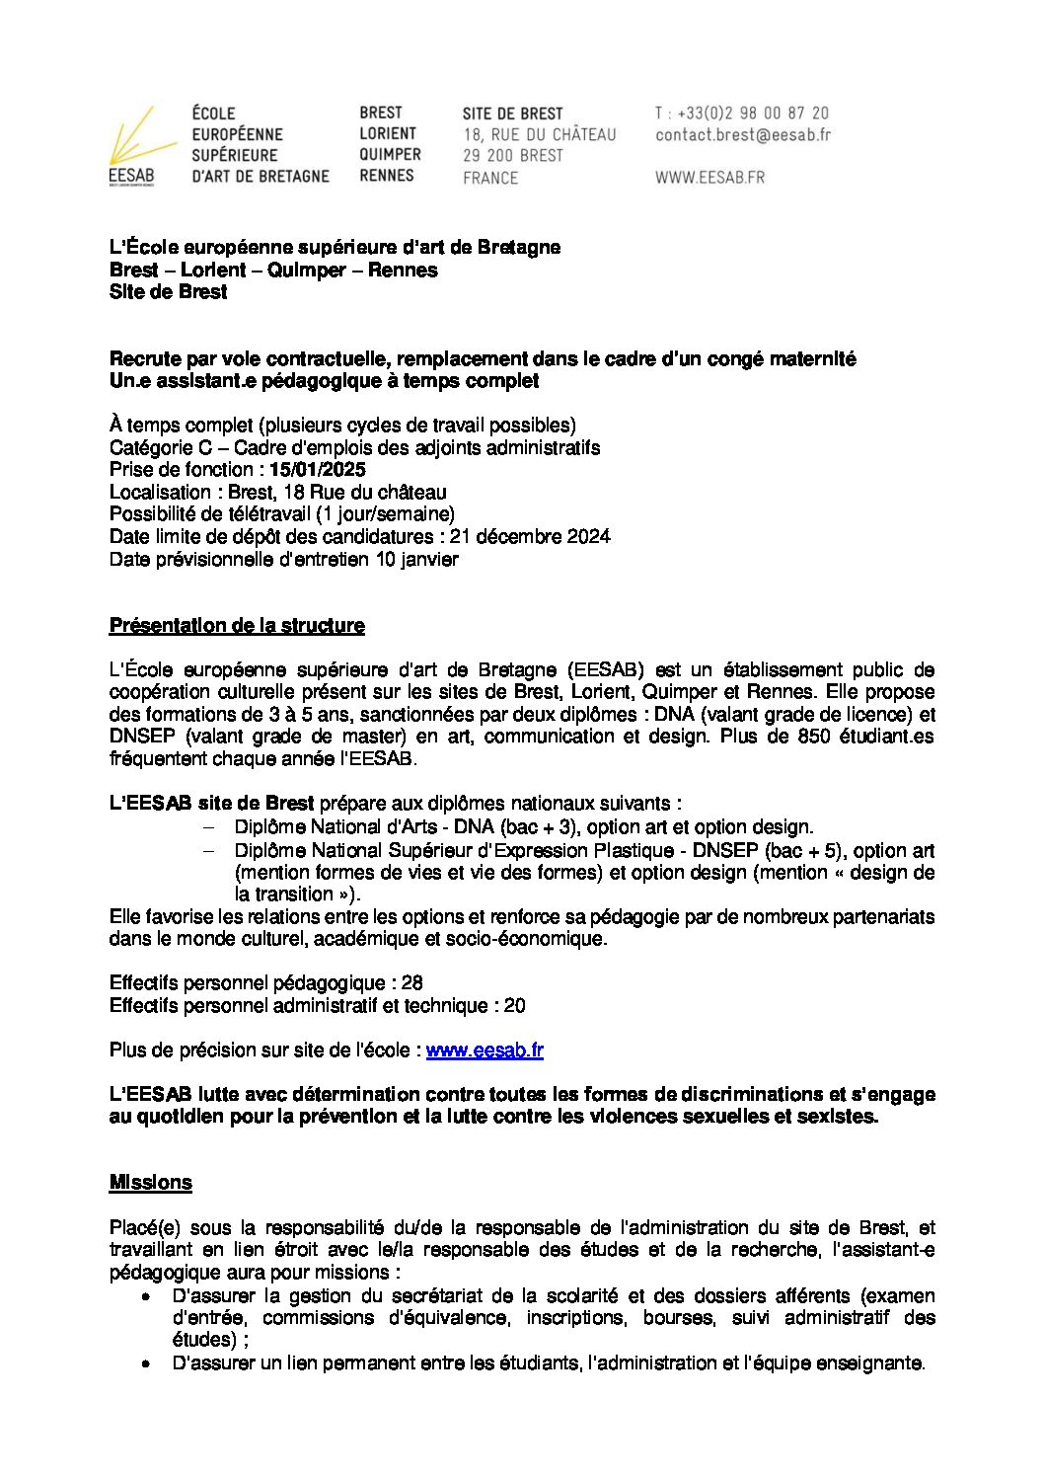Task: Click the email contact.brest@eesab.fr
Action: (x=742, y=135)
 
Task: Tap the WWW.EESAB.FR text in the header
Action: (x=709, y=178)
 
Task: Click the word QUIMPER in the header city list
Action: (x=390, y=155)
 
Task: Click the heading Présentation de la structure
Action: (x=237, y=626)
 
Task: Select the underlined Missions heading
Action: (x=150, y=1183)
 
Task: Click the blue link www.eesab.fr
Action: (x=485, y=1050)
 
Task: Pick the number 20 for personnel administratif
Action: (x=514, y=1006)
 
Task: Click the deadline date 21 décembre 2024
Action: (x=530, y=537)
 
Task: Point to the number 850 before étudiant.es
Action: (x=815, y=737)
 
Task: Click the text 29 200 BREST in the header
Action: (x=513, y=156)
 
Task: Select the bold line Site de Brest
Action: (x=168, y=292)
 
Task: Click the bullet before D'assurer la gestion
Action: (x=146, y=1296)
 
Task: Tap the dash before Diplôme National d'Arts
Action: (x=208, y=827)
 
